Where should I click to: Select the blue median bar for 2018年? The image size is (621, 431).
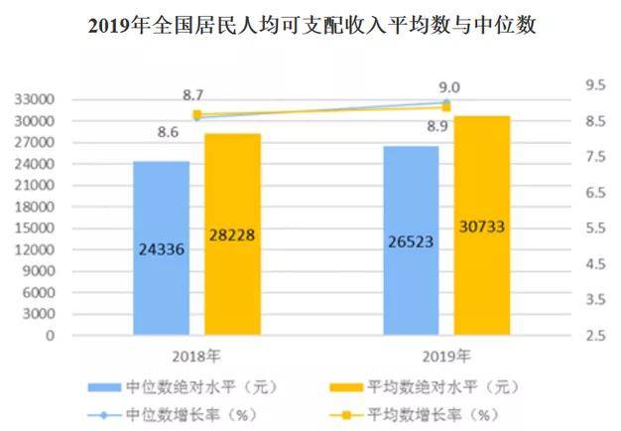(x=161, y=247)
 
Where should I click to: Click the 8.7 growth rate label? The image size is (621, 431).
(x=193, y=95)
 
